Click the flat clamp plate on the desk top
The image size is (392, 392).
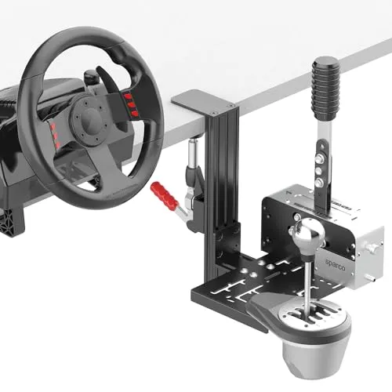coord(197,100)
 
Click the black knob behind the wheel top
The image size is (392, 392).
coord(92,77)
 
